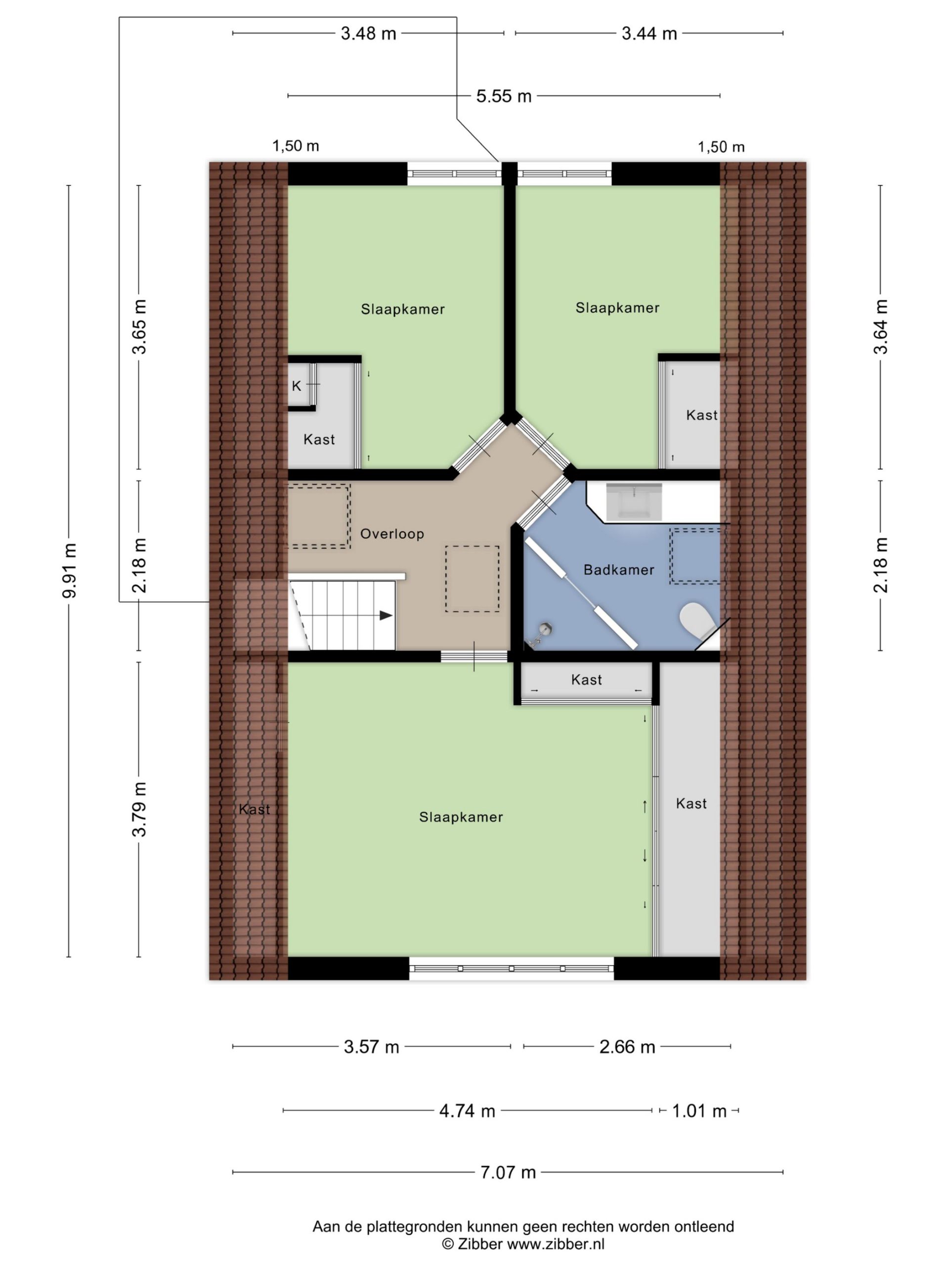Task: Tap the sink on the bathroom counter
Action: tap(634, 501)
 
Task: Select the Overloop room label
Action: tap(392, 534)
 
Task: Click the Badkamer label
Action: tap(618, 570)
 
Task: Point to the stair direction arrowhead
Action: tap(386, 616)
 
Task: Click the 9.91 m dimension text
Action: tap(69, 571)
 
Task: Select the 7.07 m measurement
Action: tap(508, 1172)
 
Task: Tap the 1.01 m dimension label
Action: tap(698, 1111)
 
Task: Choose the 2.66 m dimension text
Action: tap(627, 1047)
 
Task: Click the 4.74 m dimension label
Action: tap(467, 1111)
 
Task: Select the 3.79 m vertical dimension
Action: tap(139, 809)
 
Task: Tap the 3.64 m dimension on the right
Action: tap(880, 327)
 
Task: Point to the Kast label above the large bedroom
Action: tap(586, 679)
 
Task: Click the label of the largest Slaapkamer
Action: tap(461, 817)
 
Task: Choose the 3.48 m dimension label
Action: tap(368, 34)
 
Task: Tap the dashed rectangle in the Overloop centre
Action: tap(472, 579)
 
